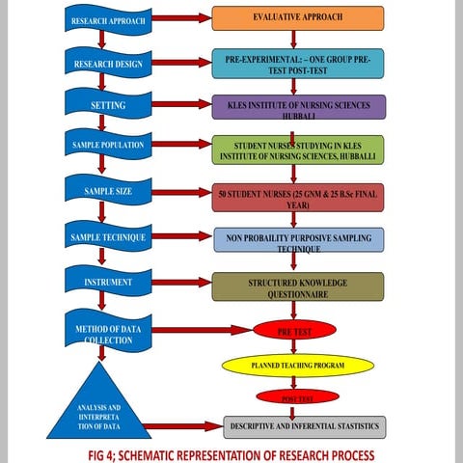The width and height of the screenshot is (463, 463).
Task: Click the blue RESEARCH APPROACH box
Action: click(108, 18)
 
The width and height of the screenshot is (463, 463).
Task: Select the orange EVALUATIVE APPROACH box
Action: click(297, 18)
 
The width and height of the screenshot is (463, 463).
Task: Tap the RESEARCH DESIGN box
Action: click(108, 64)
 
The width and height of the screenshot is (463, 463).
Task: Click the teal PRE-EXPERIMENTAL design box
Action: click(297, 64)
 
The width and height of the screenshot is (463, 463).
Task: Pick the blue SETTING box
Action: click(108, 104)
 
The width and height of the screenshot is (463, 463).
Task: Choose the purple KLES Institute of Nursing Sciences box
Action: click(297, 107)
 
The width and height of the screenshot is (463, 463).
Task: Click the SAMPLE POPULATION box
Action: click(108, 145)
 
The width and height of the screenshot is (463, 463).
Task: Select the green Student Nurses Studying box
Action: click(297, 150)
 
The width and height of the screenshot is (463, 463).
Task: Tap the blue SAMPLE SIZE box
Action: click(108, 191)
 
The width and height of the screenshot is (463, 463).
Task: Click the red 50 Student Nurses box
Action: click(297, 197)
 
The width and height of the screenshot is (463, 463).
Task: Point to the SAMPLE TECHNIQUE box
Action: click(108, 236)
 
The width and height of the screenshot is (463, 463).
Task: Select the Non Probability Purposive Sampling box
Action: click(297, 240)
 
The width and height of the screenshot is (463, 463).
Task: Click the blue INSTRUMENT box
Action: click(108, 281)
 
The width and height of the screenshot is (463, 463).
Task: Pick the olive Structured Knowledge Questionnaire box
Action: click(297, 286)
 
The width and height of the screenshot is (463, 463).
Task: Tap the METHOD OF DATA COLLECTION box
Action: click(108, 331)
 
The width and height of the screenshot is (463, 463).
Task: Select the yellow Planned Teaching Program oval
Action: click(297, 366)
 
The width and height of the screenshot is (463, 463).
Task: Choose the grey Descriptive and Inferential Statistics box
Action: click(304, 425)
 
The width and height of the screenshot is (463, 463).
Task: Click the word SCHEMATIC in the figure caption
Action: click(143, 453)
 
